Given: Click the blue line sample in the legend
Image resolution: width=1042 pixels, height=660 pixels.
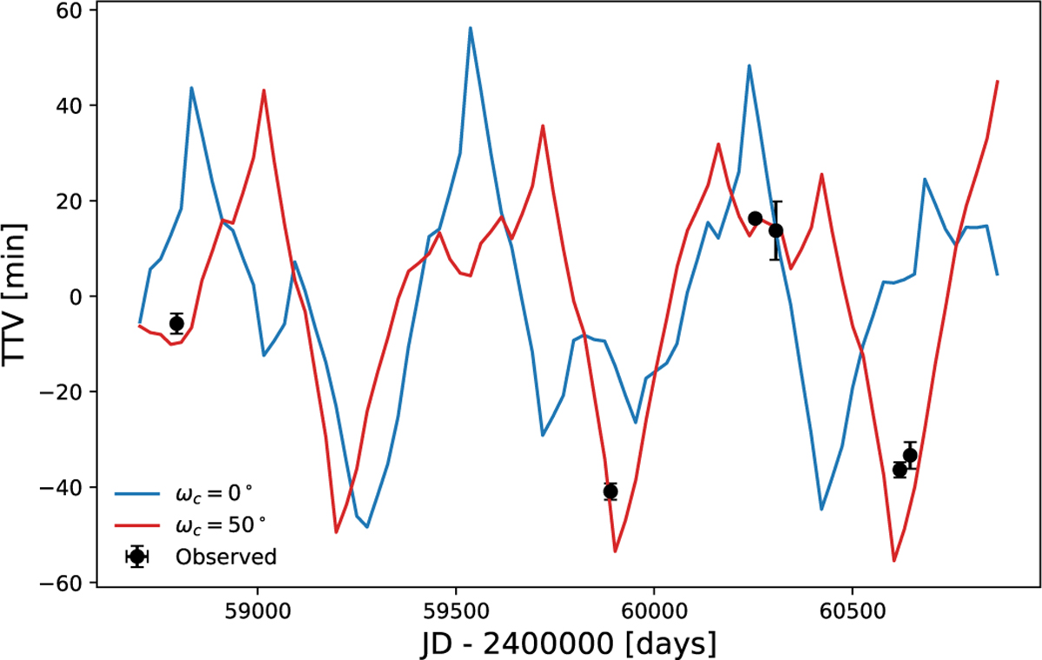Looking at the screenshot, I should point(136,493).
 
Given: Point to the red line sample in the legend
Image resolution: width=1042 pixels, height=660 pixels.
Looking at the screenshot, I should point(136,525).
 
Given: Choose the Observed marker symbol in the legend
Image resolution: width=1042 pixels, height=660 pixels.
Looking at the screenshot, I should point(136,557).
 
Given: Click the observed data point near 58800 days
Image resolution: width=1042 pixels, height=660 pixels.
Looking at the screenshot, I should point(176,323).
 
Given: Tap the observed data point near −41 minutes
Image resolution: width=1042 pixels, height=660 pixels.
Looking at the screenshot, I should point(610,492).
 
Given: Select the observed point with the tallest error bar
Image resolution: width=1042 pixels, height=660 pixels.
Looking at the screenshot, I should point(776,230).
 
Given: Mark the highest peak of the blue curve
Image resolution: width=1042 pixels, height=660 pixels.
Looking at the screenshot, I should point(470,28).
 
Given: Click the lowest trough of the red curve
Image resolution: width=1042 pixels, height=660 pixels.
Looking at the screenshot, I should point(894,560).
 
